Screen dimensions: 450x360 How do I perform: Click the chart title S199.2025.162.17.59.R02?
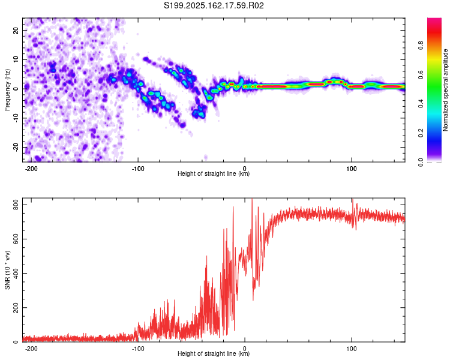click(214, 5)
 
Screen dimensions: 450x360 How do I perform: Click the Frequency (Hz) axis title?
click(7, 90)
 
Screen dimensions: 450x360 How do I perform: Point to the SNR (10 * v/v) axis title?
click(7, 270)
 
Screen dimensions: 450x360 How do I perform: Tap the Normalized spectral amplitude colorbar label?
click(445, 90)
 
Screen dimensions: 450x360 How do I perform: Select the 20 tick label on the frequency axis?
click(16, 31)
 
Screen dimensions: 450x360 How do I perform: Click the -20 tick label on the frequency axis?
click(16, 148)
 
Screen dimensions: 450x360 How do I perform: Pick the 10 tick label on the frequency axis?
click(16, 60)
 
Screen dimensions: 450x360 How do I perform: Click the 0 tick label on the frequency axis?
click(16, 89)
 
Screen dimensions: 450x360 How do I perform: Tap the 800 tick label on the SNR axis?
click(16, 205)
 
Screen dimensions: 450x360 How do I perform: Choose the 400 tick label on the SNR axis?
click(16, 274)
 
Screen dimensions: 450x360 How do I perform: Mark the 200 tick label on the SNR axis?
click(16, 307)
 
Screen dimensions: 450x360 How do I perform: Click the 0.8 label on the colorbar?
click(421, 46)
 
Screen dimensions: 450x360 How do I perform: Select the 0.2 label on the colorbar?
click(421, 133)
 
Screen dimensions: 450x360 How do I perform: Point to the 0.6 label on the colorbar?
click(421, 74)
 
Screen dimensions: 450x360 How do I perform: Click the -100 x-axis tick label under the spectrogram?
click(138, 169)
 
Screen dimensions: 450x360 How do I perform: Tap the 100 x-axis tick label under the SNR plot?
click(351, 349)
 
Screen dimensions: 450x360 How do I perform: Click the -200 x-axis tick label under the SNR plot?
click(31, 349)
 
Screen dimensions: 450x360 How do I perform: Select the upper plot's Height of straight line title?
click(214, 173)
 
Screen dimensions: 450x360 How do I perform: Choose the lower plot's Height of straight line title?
click(214, 353)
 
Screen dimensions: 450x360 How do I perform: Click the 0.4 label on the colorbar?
click(421, 104)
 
